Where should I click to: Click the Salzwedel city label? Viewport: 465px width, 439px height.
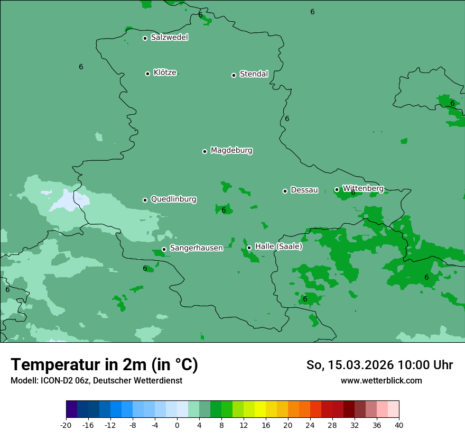[x=169, y=38]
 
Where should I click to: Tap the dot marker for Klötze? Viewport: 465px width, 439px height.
[x=147, y=74]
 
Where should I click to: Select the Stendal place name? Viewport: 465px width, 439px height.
[x=254, y=74]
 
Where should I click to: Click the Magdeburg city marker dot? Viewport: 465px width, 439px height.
[x=204, y=151]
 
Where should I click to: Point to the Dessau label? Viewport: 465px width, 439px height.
[x=304, y=190]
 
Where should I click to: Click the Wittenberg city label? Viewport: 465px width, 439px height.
[x=363, y=188]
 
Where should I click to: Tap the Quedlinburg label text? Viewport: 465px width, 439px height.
[x=173, y=199]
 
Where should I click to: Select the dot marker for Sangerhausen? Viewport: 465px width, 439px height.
[x=164, y=249]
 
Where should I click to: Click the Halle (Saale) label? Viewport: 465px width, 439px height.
[x=278, y=246]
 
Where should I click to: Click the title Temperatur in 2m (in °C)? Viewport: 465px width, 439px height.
[x=104, y=365]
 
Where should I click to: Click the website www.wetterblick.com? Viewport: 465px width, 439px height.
[x=381, y=380]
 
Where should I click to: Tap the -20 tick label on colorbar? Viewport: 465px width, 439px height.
[x=66, y=425]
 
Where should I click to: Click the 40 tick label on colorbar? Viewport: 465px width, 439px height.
[x=399, y=425]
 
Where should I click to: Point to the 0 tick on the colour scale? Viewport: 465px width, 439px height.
[x=177, y=425]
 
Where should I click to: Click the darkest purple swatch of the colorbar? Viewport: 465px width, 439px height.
[x=71, y=409]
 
